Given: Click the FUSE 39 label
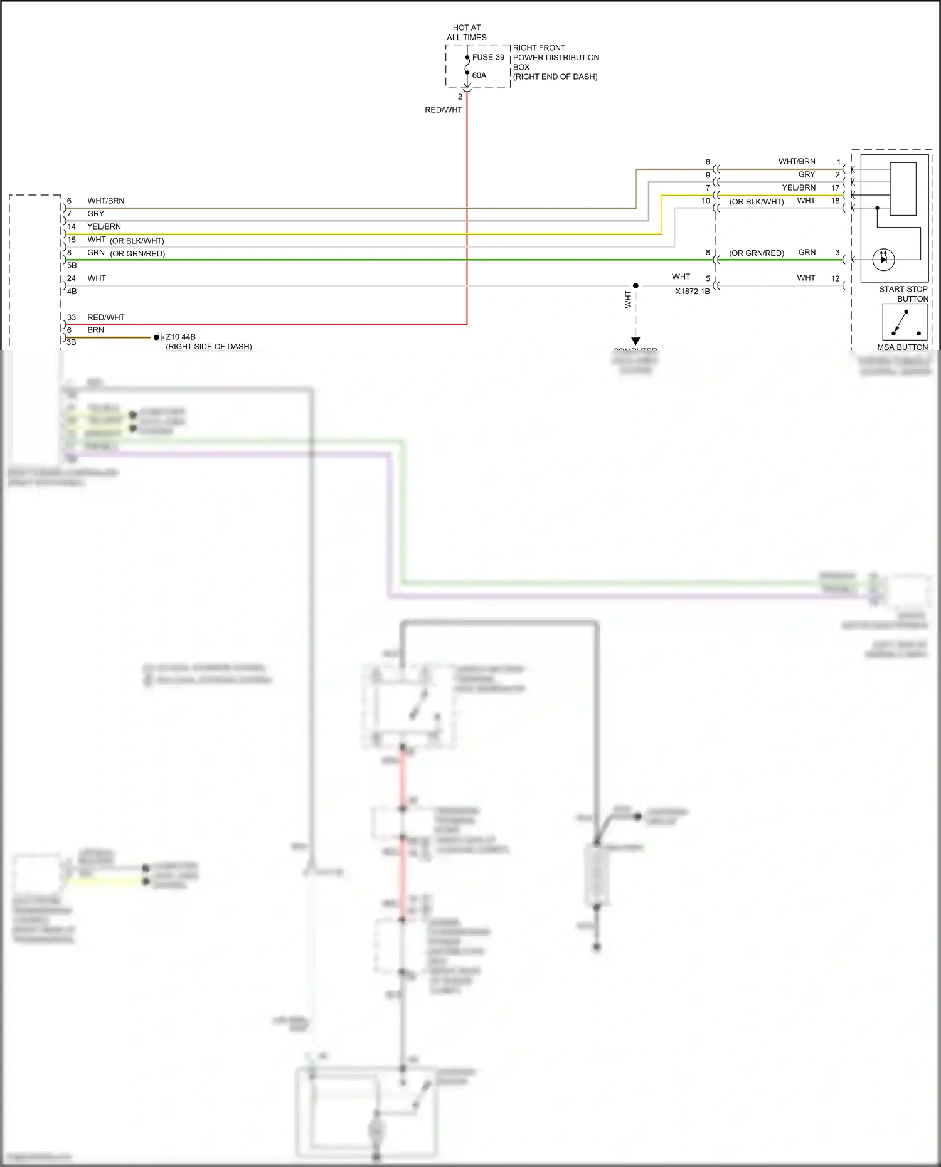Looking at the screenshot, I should tap(487, 57).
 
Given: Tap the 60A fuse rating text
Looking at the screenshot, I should tap(479, 75).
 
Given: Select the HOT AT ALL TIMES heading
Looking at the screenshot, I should tap(466, 33).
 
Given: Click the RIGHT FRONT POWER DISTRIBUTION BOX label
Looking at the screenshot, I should tap(555, 62).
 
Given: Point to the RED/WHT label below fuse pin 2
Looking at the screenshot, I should tap(443, 110).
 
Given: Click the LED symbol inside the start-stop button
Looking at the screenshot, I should tap(883, 259).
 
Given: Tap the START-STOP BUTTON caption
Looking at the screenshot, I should tap(903, 293).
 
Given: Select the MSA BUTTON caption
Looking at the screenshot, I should tap(902, 347).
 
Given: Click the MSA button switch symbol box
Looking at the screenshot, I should tap(904, 322).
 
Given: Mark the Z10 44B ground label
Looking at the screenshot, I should tap(181, 337).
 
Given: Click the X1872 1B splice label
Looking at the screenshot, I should tap(692, 292).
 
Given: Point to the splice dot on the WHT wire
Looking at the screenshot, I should tap(635, 286).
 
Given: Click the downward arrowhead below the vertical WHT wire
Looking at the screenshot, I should tap(635, 341).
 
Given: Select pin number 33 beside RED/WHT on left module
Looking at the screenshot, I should tap(72, 317).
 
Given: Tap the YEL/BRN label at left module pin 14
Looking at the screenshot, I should tap(104, 226).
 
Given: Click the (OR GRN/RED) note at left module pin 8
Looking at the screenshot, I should tap(137, 254).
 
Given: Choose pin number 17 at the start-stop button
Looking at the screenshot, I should tap(835, 187).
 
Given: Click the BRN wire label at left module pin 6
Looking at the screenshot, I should tap(95, 330).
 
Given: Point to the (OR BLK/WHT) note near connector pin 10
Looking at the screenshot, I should tap(756, 202).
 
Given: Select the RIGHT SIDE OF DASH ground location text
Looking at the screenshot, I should tap(208, 346).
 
